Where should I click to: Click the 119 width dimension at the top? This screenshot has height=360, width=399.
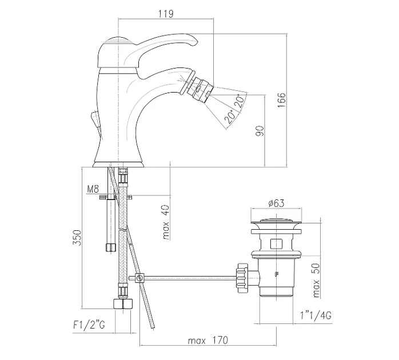[x=166, y=14]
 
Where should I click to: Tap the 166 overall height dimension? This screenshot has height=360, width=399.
[x=281, y=100]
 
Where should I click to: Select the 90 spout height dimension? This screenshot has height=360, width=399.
[x=260, y=131]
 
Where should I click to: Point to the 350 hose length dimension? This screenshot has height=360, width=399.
[x=77, y=238]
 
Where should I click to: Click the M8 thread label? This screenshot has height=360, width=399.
[x=93, y=189]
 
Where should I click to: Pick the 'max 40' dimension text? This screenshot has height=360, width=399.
[x=166, y=223]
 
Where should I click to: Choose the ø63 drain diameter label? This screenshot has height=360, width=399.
[x=276, y=203]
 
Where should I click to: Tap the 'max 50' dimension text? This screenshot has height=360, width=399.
[x=316, y=281]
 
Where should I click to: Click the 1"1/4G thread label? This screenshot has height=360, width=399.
[x=316, y=315]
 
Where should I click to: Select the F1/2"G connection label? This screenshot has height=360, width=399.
[x=89, y=325]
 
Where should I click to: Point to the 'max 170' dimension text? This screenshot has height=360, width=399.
[x=208, y=341]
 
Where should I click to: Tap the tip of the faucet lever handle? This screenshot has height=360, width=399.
[x=195, y=41]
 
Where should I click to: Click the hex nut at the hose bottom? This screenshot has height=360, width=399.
[x=123, y=304]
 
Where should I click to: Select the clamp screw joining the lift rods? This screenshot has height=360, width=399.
[x=139, y=278]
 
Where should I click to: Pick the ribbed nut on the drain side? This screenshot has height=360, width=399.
[x=242, y=278]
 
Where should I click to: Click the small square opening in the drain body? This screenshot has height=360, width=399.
[x=276, y=244]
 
